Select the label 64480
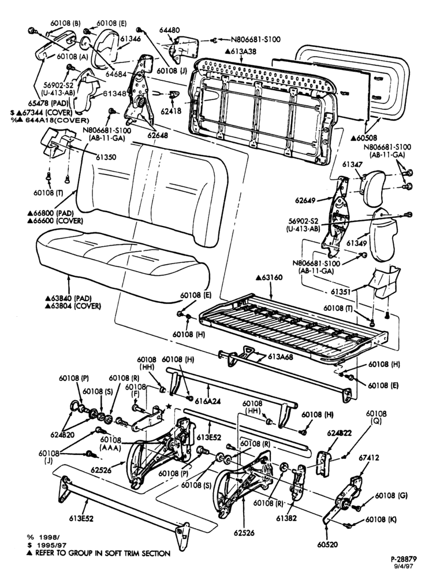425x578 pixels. [x=169, y=30]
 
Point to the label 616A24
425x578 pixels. [x=208, y=401]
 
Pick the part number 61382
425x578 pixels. [x=286, y=518]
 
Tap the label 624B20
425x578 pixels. [x=62, y=435]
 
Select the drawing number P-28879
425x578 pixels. [x=404, y=558]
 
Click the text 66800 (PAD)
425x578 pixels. [x=51, y=213]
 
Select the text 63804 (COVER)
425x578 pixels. [x=73, y=306]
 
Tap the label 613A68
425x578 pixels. [x=280, y=357]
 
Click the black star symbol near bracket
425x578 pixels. [x=169, y=406]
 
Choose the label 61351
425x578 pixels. [x=341, y=291]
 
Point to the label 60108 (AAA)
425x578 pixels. [x=110, y=444]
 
